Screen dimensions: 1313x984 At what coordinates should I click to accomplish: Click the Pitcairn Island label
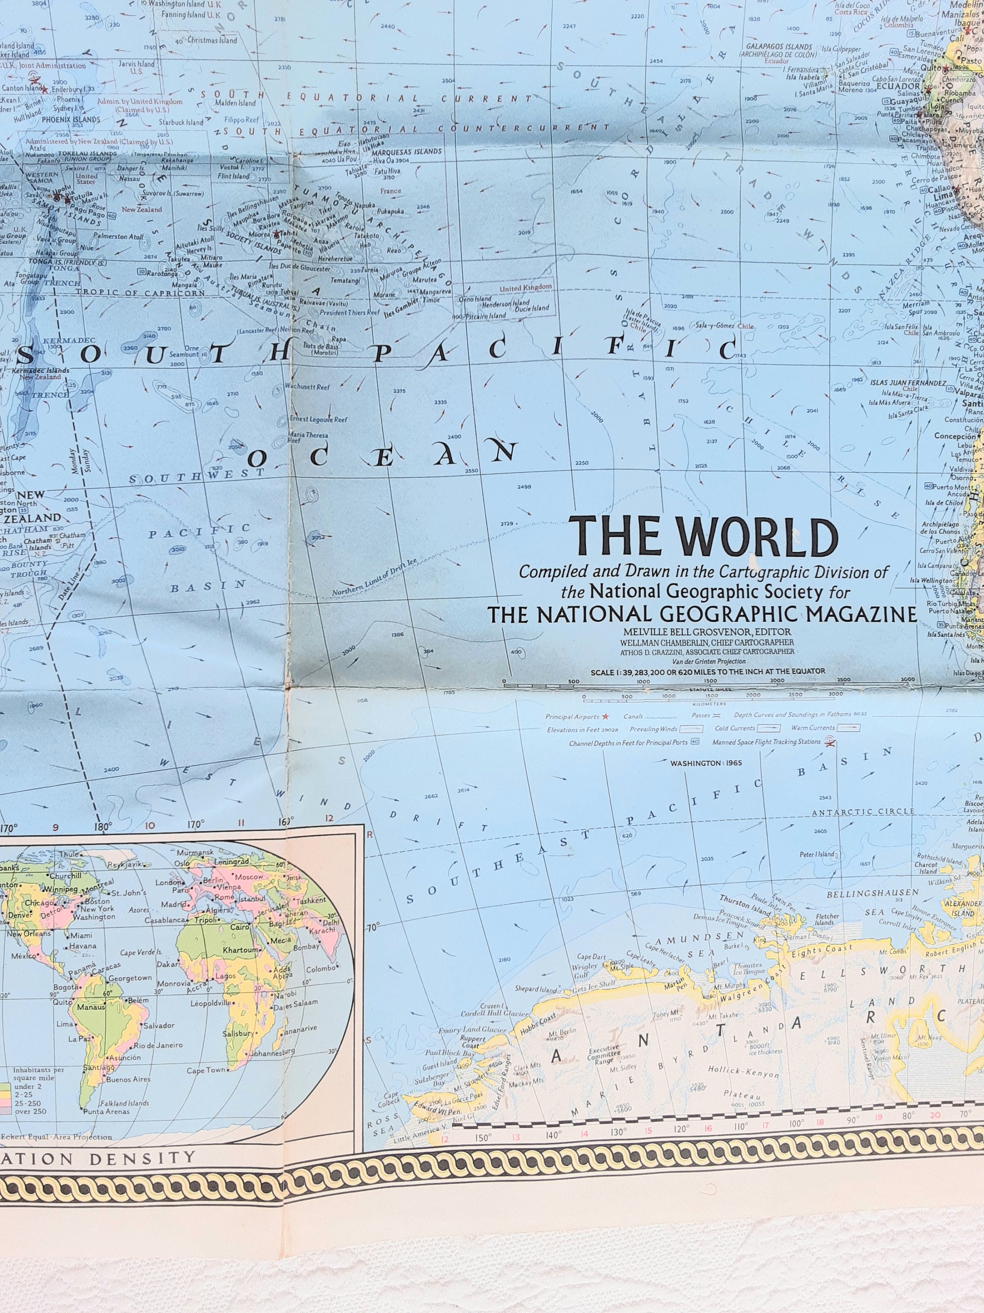pos(486,316)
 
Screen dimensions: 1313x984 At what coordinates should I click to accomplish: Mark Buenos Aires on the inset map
pos(129,1079)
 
